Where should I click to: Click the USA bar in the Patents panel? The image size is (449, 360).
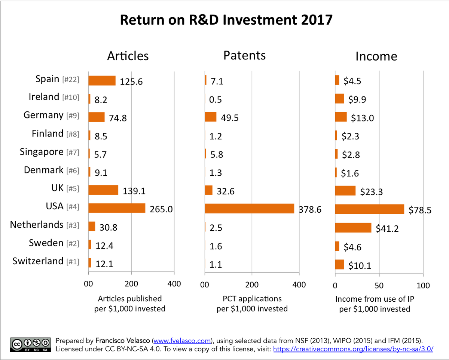249,209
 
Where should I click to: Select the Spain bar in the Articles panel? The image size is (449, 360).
102,81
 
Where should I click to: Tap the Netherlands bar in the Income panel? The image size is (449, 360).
353,227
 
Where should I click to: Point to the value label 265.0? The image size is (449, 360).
161,209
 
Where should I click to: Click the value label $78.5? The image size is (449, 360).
419,210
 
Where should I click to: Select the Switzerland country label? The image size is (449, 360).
38,261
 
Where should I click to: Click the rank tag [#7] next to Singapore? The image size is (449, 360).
72,153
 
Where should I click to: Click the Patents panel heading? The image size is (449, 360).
244,55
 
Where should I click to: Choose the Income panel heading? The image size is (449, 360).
376,56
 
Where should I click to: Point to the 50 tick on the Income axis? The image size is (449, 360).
379,285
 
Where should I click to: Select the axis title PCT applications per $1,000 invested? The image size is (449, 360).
252,304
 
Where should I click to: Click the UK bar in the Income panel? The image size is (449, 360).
345,191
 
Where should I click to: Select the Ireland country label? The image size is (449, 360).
44,97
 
